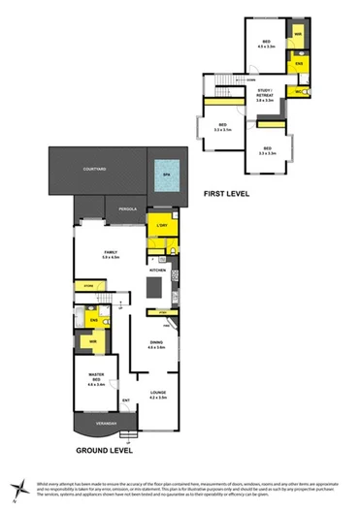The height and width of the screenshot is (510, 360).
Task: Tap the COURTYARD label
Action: pos(95,170)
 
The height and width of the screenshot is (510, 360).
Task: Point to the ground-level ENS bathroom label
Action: pos(94,319)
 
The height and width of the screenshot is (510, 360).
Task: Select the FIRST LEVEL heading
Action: pos(227,194)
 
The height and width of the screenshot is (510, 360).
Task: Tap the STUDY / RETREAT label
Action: pos(265,94)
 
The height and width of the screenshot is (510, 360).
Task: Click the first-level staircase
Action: pos(226,80)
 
